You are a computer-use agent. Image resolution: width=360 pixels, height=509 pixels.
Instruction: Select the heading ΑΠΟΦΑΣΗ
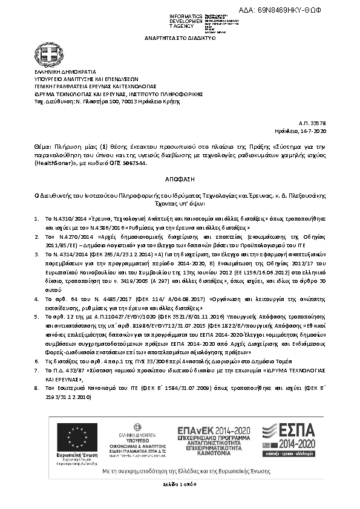coord(180,180)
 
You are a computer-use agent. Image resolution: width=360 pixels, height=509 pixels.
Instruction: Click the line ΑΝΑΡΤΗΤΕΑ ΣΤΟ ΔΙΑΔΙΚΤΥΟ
coord(180,37)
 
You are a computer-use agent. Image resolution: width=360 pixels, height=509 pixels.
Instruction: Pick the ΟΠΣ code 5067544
coord(133,163)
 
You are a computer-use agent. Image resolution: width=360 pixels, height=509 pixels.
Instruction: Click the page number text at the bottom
coord(179,484)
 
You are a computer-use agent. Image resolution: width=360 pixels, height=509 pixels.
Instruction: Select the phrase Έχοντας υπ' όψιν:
coord(180,204)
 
